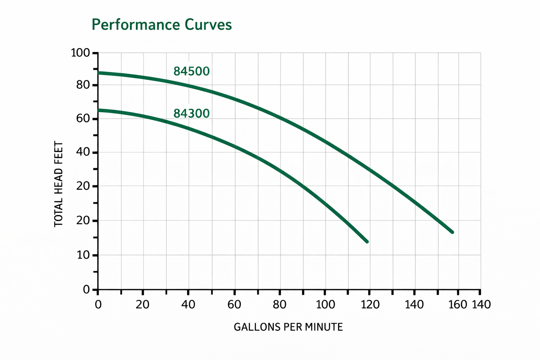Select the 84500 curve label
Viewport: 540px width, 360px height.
(x=192, y=71)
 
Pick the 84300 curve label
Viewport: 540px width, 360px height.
(x=192, y=114)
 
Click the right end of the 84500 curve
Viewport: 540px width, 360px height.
(x=452, y=232)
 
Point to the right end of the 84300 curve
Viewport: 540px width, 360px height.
(x=367, y=242)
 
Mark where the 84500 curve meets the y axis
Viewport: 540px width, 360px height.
(x=98, y=73)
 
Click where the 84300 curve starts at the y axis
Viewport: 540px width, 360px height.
(x=98, y=110)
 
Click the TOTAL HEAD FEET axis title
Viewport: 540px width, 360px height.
(x=59, y=184)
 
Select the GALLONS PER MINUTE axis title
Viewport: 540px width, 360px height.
(x=288, y=327)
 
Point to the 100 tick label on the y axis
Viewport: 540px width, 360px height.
(x=81, y=53)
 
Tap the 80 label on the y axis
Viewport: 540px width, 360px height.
(x=83, y=85)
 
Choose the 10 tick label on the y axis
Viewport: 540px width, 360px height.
(x=83, y=255)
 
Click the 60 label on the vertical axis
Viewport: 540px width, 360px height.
(x=83, y=119)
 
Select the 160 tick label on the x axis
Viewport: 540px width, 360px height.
(x=457, y=304)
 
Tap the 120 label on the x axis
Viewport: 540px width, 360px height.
(x=370, y=304)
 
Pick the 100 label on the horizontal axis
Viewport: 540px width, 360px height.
(x=325, y=304)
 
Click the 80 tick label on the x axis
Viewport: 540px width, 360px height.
(x=279, y=304)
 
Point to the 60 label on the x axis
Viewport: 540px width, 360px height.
(x=234, y=304)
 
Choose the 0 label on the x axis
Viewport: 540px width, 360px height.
(x=98, y=304)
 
